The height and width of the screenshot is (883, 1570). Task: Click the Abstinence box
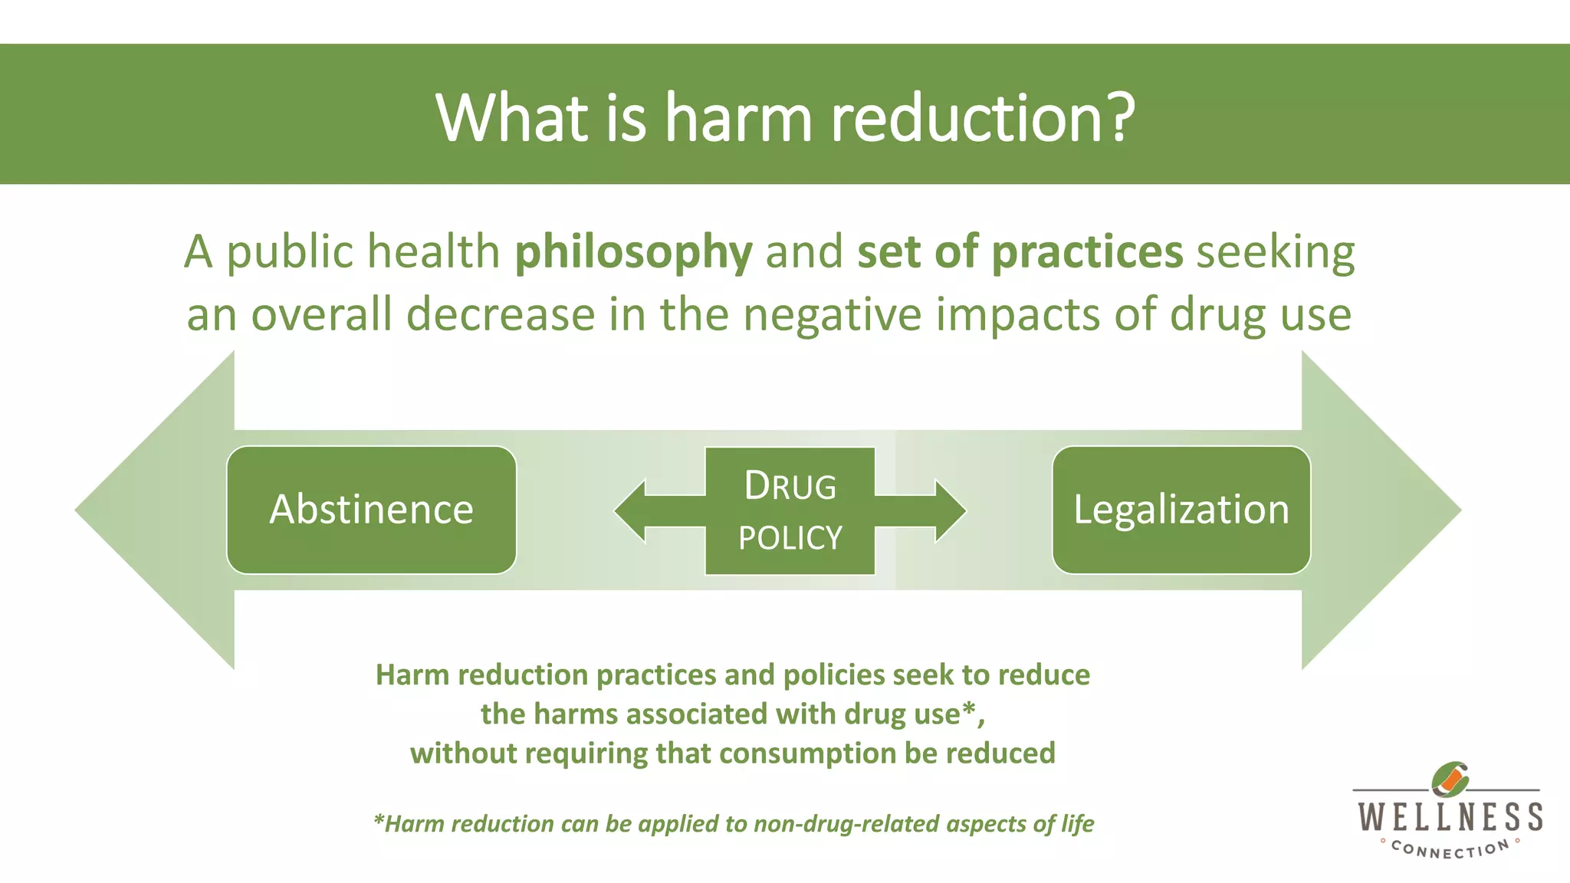coord(371,510)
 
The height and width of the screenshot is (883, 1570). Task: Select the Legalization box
coord(1181,510)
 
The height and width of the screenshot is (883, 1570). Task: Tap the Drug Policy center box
coord(790,510)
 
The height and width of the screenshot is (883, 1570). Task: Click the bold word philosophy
coord(633,253)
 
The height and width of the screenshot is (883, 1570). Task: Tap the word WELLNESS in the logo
coord(1450,817)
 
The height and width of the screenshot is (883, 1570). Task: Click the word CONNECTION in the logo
coord(1450,849)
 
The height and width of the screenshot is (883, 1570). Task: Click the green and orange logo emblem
coord(1450,780)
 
